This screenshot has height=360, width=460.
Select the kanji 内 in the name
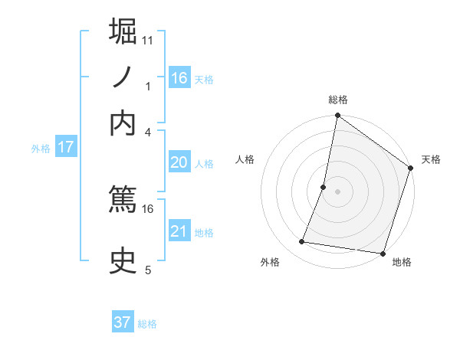[x=123, y=123]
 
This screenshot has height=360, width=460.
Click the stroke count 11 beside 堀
[x=147, y=39]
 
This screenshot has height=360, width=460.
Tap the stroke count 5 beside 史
[x=148, y=270]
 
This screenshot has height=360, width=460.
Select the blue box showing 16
[x=179, y=77]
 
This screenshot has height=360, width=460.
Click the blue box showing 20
[x=179, y=162]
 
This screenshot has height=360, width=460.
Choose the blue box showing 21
[x=179, y=231]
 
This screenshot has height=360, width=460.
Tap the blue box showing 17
[x=66, y=147]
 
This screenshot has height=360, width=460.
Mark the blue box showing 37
[x=123, y=322]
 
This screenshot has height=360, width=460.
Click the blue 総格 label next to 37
[x=147, y=324]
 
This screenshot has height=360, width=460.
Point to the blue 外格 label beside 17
[x=40, y=149]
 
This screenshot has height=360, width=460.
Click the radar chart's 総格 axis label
[x=337, y=100]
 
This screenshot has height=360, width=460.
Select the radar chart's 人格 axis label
[x=245, y=159]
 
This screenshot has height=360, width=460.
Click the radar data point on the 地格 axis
[x=383, y=253]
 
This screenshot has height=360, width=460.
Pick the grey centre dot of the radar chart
[x=337, y=191]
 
